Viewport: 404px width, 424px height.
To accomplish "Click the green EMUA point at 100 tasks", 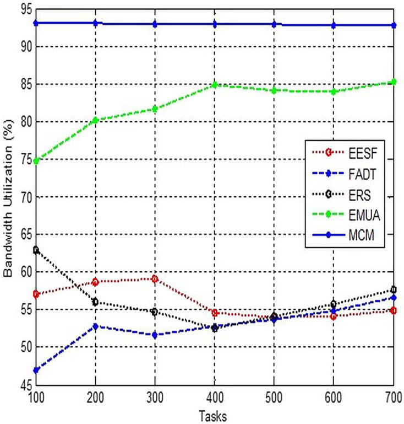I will point(36,161).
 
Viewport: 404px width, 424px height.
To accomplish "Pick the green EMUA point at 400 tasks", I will point(215,85).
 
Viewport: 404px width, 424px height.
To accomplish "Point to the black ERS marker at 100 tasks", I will point(36,250).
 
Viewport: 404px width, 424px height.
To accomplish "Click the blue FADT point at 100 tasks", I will point(36,370).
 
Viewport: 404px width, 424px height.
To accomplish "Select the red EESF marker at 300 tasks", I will point(155,278).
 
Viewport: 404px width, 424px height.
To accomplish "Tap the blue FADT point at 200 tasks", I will point(96,326).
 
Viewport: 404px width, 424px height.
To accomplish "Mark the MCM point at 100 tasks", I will point(36,23).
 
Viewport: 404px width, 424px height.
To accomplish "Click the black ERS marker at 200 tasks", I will point(96,302).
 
